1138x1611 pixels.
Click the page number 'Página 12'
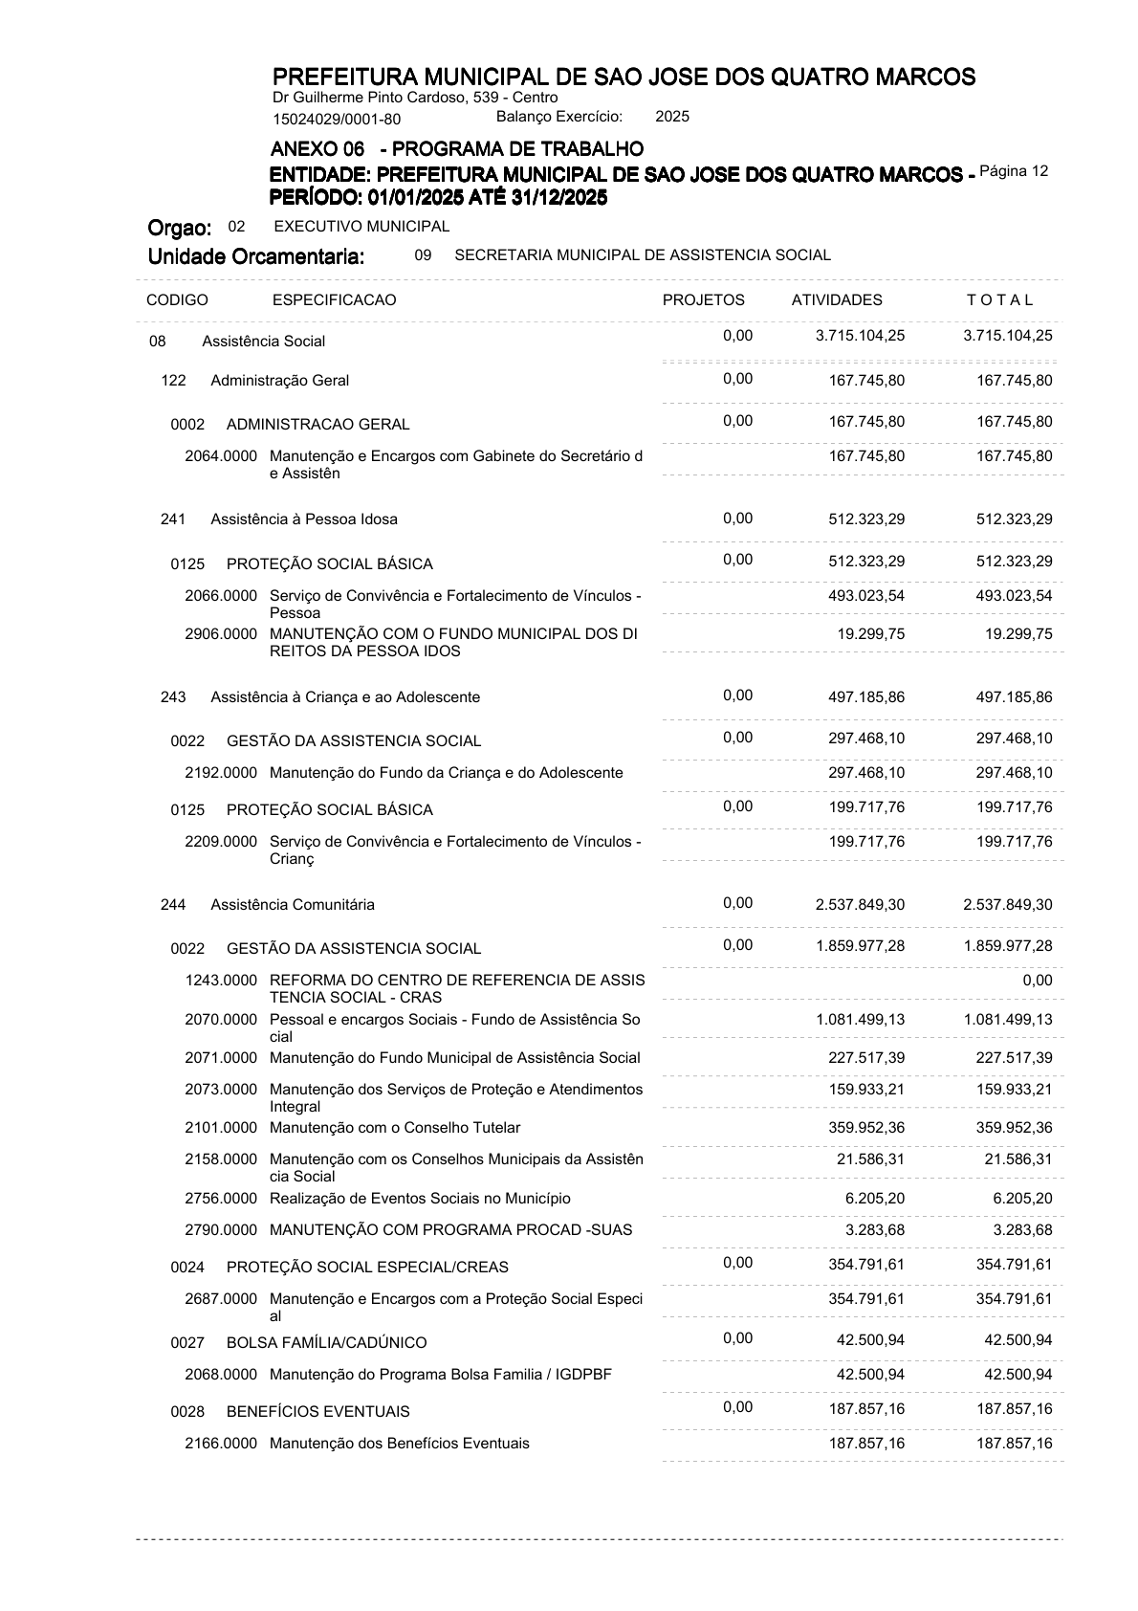1014,171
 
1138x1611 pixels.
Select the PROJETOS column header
703,300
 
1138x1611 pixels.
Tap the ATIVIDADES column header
837,300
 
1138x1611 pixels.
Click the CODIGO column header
177,300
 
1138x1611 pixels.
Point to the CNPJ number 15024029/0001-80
337,120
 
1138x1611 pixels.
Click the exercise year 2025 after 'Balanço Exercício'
672,117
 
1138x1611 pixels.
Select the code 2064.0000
221,456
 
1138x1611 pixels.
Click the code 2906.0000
221,634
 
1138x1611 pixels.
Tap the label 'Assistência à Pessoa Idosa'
304,519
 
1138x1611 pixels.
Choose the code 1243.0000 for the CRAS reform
221,981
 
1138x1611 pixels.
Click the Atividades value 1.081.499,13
860,1020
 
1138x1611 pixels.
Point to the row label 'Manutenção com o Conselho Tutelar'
395,1128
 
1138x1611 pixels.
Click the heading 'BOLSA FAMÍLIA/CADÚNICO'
326,1343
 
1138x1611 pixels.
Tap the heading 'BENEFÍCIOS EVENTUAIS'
317,1412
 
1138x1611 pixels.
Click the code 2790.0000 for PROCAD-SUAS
221,1230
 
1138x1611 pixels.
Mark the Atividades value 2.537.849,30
860,905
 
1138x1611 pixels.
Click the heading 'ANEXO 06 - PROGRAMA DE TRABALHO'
457,149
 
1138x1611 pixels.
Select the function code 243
173,697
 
